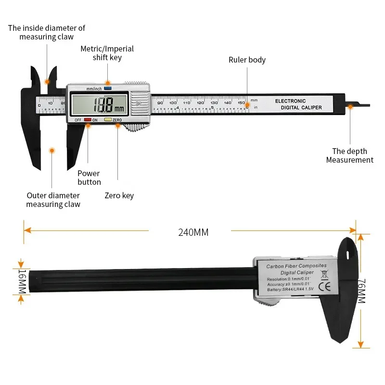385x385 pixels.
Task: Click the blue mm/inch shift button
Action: click(x=108, y=89)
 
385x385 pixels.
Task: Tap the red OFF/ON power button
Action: click(x=87, y=119)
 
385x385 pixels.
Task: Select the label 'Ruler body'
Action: click(x=247, y=60)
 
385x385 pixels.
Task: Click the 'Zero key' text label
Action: click(x=119, y=196)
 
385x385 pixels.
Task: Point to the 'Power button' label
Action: click(x=89, y=178)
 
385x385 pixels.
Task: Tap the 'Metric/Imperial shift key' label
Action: click(x=107, y=53)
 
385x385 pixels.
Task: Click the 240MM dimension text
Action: click(x=193, y=232)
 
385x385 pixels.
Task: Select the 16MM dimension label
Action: click(x=22, y=282)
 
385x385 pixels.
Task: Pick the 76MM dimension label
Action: click(x=362, y=291)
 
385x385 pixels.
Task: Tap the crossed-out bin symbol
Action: click(x=324, y=275)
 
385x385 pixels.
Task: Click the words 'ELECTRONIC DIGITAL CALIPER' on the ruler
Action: click(x=298, y=104)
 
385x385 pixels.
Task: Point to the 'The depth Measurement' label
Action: click(x=349, y=155)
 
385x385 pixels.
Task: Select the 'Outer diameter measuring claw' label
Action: click(x=53, y=200)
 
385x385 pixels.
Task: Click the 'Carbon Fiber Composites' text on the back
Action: click(x=296, y=266)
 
